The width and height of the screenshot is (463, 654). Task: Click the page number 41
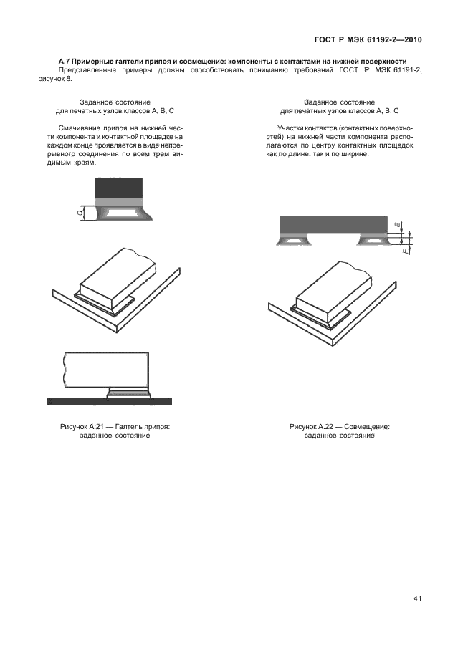(417, 599)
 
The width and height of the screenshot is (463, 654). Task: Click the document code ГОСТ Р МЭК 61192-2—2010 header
(368, 39)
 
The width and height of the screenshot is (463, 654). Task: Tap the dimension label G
(80, 213)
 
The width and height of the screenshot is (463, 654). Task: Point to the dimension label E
(397, 226)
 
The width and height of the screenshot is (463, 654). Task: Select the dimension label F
(405, 251)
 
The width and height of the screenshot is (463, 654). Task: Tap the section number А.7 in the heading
(65, 62)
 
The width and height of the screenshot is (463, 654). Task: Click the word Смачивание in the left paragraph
(77, 128)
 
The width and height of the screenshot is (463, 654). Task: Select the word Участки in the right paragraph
(290, 128)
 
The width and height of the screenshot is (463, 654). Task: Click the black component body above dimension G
(120, 188)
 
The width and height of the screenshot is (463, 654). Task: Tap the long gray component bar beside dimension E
(333, 224)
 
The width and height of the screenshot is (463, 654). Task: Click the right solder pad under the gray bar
(373, 239)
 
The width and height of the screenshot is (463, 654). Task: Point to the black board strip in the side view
(110, 401)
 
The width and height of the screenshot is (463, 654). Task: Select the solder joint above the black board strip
(128, 392)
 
